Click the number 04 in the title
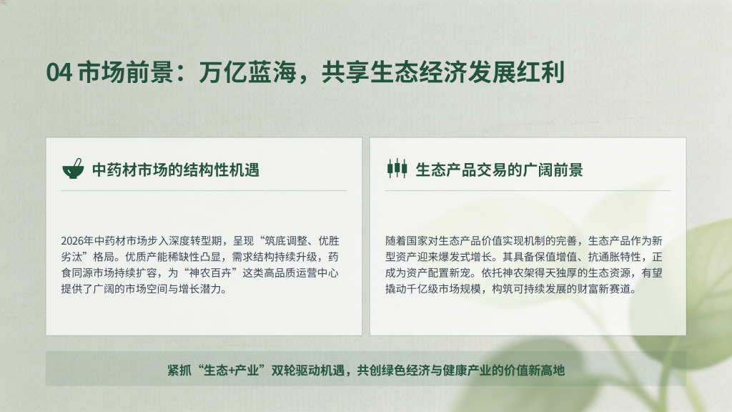[59, 72]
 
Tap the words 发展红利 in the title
[516, 72]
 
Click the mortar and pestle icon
[74, 169]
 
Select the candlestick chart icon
[397, 168]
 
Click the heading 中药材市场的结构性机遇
[176, 170]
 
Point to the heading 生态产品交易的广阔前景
[499, 170]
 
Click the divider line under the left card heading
[204, 190]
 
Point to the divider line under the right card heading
[528, 190]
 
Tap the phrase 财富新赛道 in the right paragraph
[604, 289]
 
